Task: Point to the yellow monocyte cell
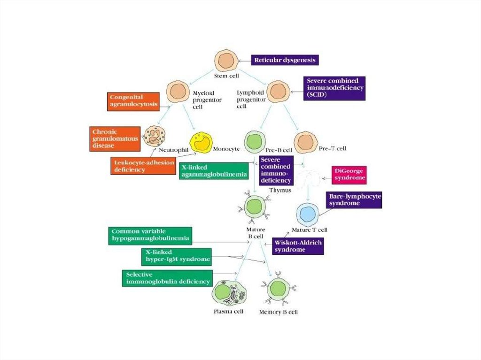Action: coord(201,142)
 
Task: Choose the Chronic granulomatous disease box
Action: coord(114,138)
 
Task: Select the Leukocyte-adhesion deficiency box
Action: coord(140,165)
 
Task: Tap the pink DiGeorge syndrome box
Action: coord(349,175)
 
